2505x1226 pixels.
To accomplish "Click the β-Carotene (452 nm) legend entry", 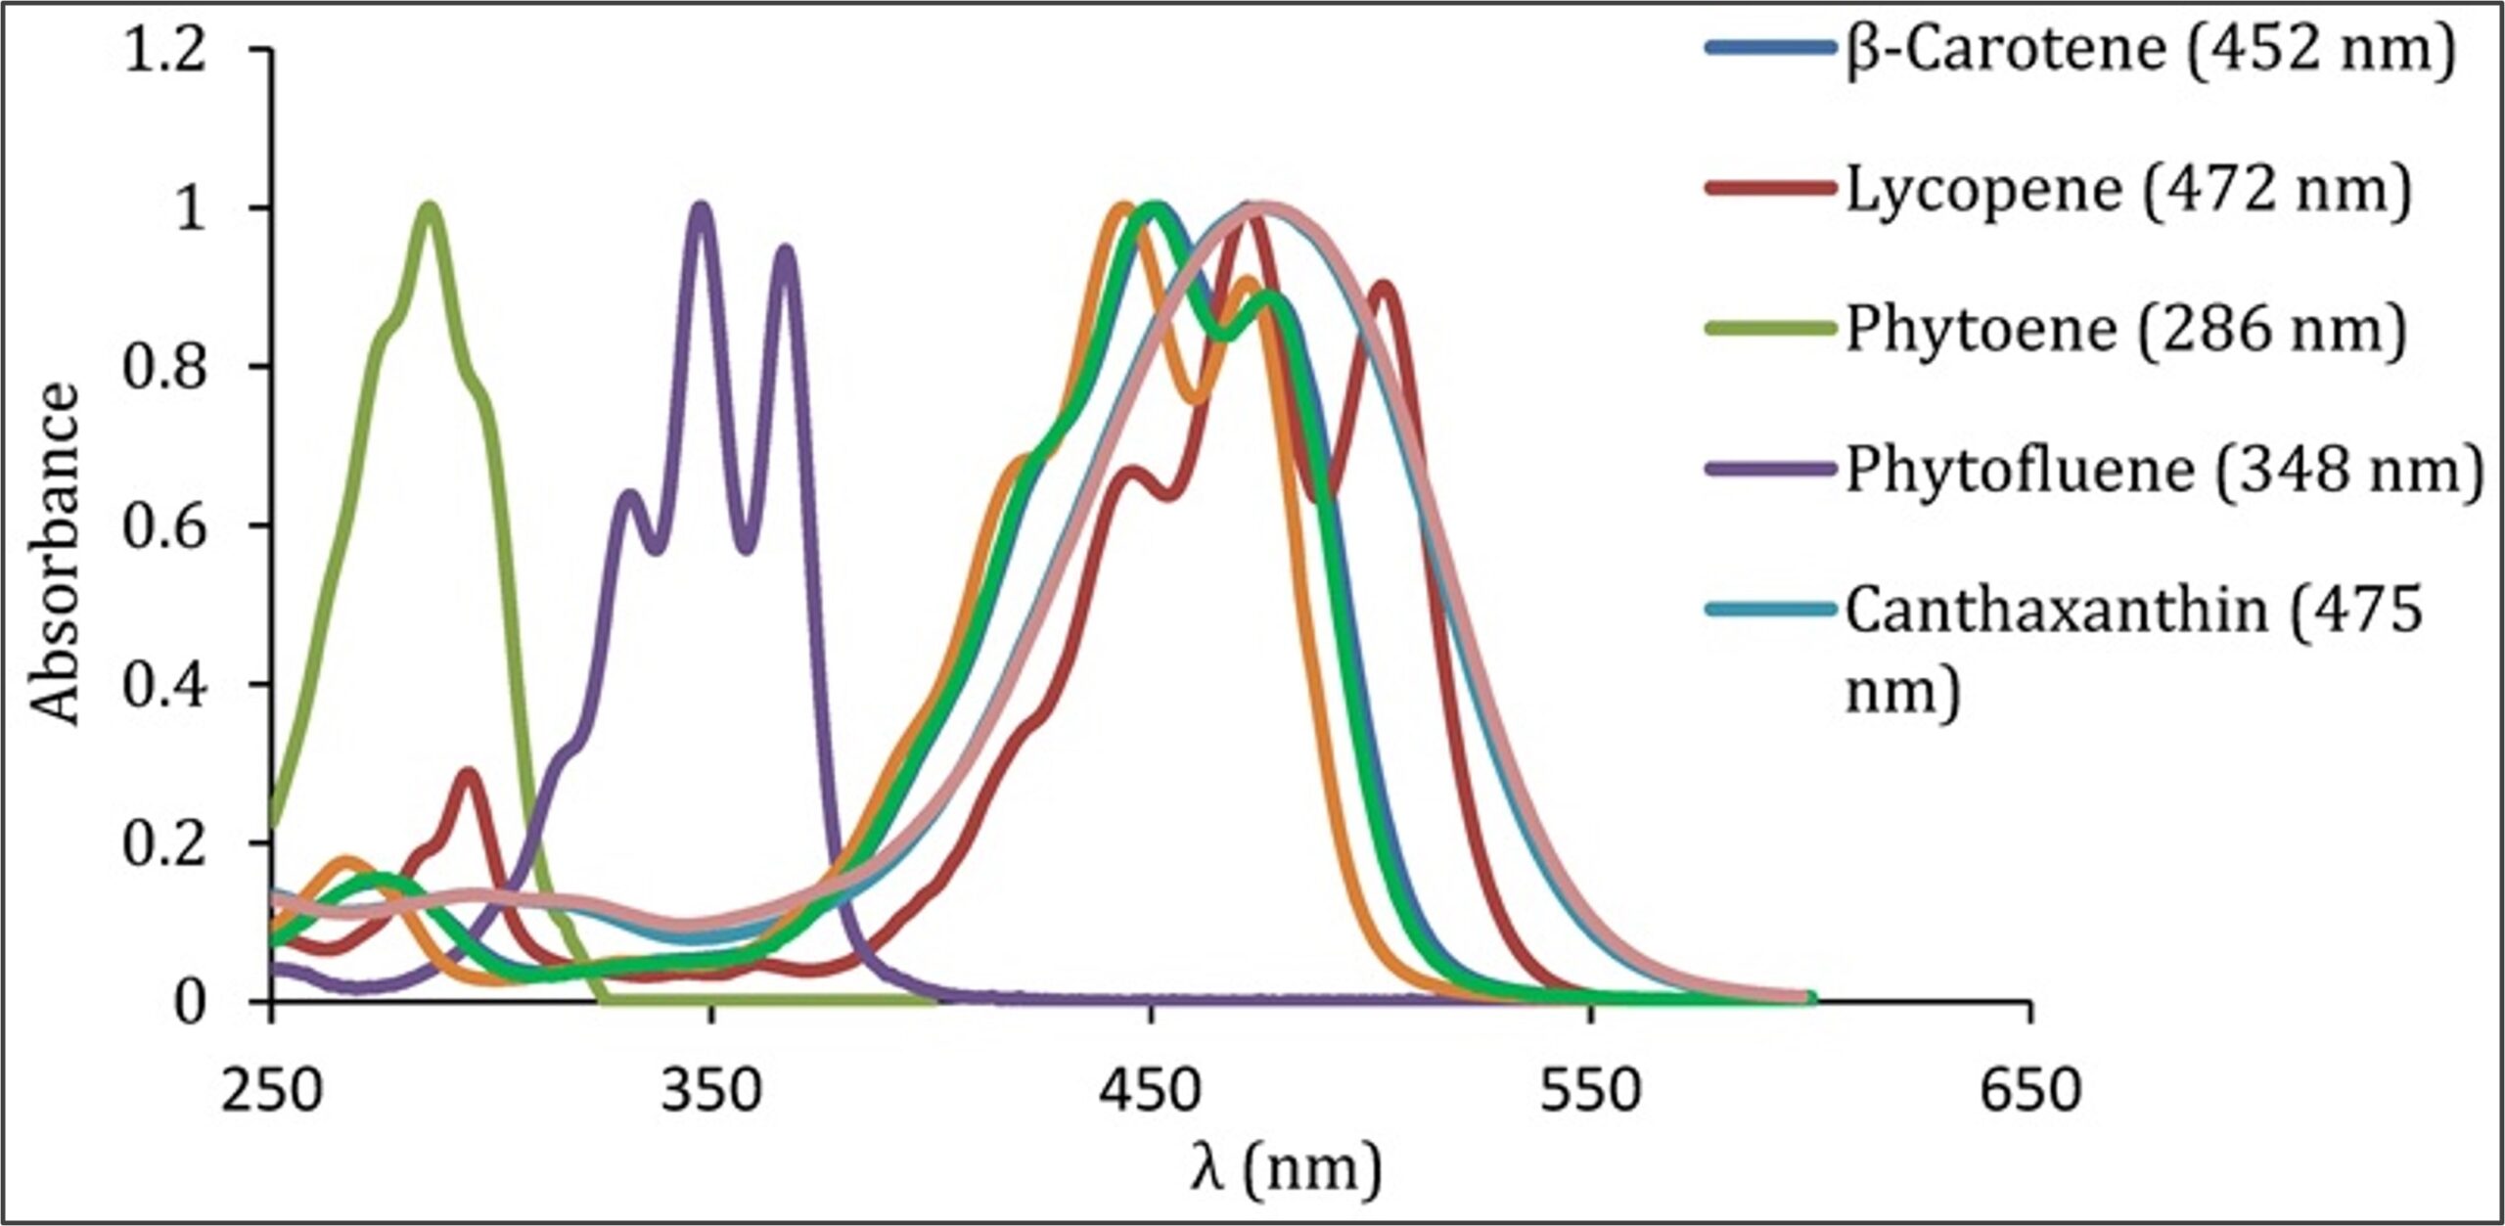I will click(2148, 48).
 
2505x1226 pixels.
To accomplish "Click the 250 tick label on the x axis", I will click(271, 1089).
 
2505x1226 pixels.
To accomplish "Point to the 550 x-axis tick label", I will click(1590, 1089).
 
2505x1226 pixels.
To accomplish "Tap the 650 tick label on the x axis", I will click(2030, 1089).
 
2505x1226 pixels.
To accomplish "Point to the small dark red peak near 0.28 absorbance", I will click(471, 774).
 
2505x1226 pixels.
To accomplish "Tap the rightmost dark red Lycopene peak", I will click(1383, 286).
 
